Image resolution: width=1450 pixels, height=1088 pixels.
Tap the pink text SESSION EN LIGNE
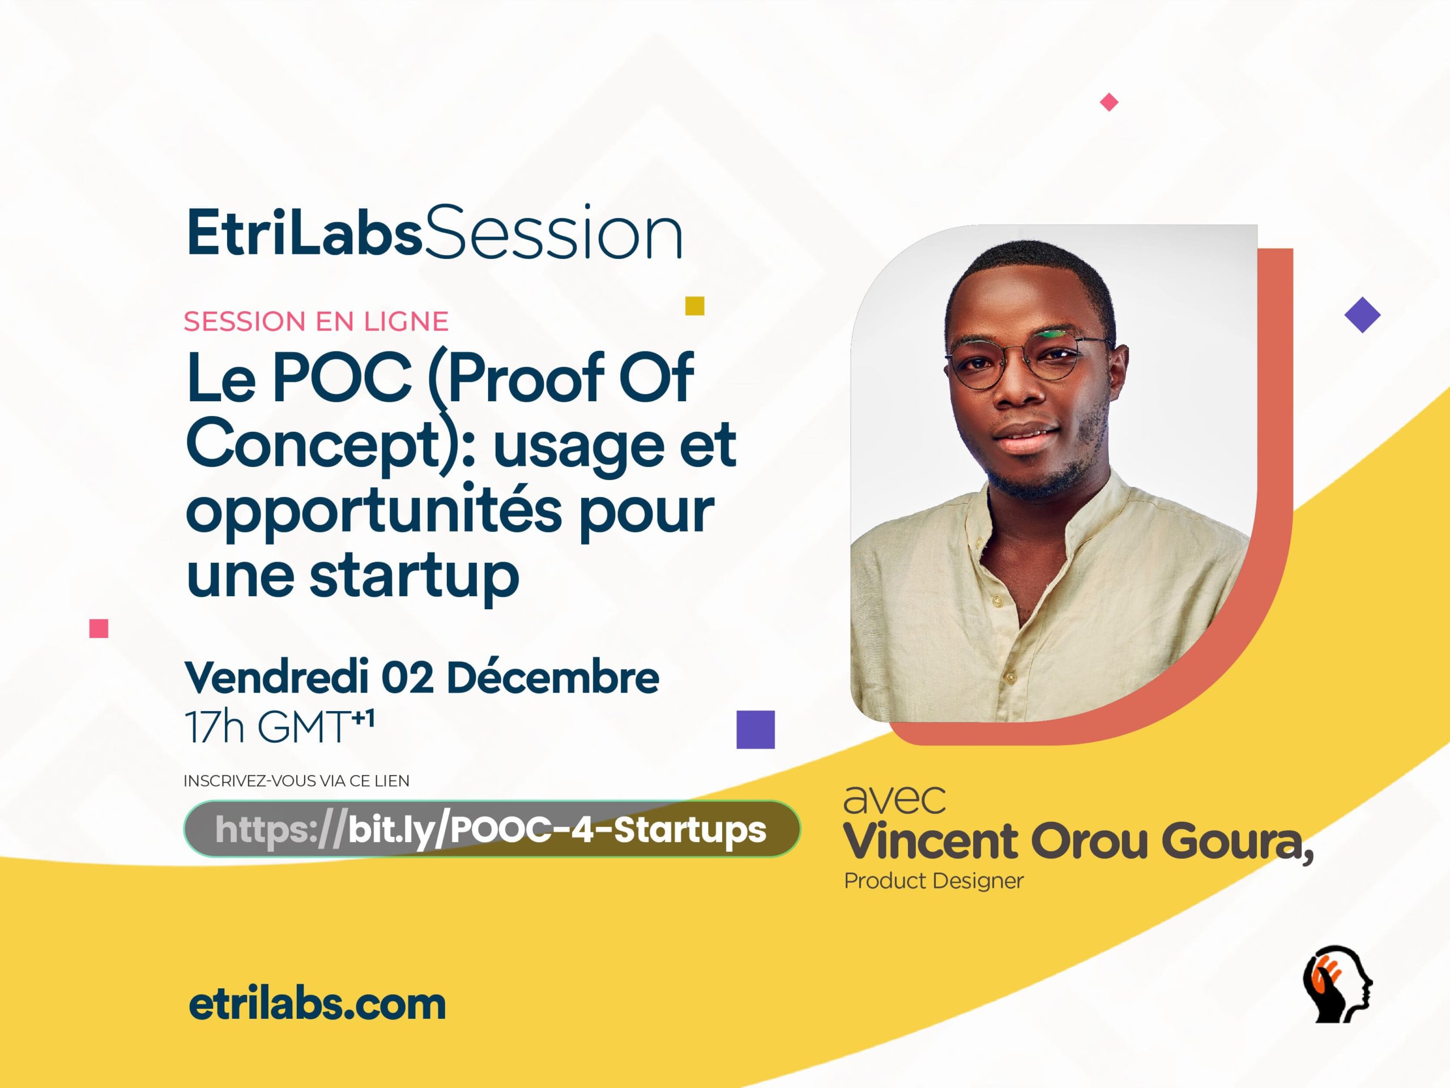(316, 322)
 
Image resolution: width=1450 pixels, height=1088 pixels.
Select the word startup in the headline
(414, 575)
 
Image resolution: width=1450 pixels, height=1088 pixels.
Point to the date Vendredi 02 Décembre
(421, 678)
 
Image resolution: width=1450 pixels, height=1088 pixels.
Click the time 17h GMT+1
(279, 726)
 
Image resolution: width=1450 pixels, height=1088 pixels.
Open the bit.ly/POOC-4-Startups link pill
(492, 830)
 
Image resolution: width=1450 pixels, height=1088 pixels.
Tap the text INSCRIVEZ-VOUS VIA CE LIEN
(296, 781)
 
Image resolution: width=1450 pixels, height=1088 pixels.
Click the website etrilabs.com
(317, 1004)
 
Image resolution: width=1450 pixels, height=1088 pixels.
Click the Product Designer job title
(933, 881)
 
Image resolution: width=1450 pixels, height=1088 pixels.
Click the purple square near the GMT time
(755, 729)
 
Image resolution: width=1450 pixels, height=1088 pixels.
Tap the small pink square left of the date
(99, 628)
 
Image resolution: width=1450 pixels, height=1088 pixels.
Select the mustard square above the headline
(694, 305)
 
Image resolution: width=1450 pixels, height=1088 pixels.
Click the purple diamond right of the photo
(1362, 315)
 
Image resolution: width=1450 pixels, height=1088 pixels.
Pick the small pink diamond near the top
(1108, 103)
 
